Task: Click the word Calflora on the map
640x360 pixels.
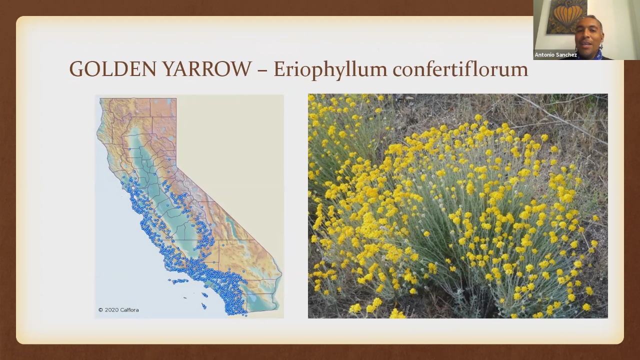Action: tap(129, 310)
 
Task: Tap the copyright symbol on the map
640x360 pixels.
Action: tap(100, 310)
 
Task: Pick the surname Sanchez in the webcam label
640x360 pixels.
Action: tap(566, 55)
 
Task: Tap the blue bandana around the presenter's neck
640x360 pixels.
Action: tap(586, 54)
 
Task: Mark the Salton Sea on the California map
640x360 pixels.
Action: tap(253, 298)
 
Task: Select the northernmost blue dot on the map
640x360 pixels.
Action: tap(129, 149)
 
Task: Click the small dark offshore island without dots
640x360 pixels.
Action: tap(185, 298)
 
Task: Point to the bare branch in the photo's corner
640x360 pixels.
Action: tap(560, 114)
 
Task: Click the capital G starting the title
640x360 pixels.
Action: tap(76, 69)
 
